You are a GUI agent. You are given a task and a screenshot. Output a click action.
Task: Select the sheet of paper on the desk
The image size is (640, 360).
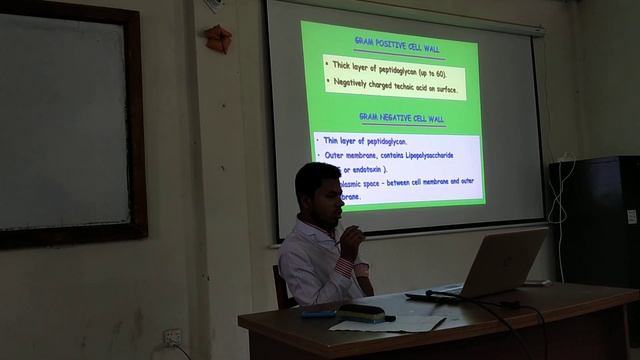(x=395, y=323)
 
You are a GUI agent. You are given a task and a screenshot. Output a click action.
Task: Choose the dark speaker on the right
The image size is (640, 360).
(x=605, y=220)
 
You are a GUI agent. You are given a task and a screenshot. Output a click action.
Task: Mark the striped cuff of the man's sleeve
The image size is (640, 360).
(x=346, y=268)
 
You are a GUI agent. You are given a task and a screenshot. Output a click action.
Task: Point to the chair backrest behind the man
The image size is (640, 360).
(x=283, y=285)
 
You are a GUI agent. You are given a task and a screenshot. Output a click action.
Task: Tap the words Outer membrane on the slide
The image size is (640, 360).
(x=352, y=156)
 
